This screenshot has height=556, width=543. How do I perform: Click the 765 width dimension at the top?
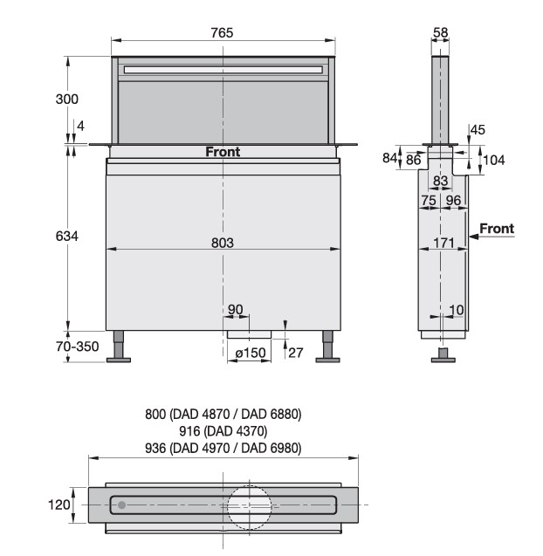point(222,32)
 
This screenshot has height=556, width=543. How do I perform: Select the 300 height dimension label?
point(66,99)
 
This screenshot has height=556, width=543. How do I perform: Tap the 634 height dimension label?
point(66,236)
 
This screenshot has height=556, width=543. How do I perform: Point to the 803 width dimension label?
point(223,243)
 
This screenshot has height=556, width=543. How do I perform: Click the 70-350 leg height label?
point(78,347)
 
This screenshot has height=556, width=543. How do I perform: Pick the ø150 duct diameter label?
point(251,353)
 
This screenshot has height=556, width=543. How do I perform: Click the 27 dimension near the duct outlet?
point(296,353)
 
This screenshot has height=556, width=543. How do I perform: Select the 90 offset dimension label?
point(235,310)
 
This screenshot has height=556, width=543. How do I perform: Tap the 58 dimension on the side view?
point(441,32)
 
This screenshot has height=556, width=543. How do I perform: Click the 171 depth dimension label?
point(443,243)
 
